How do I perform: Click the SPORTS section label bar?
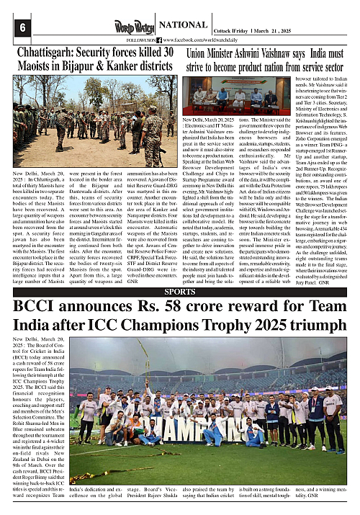(x=179, y=292)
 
